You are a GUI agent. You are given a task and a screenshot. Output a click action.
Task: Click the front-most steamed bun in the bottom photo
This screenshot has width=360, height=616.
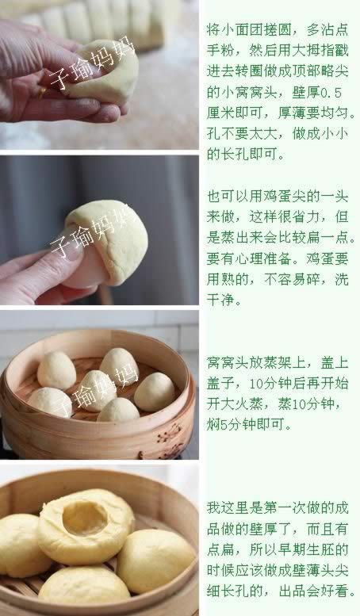[x=83, y=586]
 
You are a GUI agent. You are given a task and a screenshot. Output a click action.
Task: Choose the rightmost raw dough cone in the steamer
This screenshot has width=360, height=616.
[x=154, y=391]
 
